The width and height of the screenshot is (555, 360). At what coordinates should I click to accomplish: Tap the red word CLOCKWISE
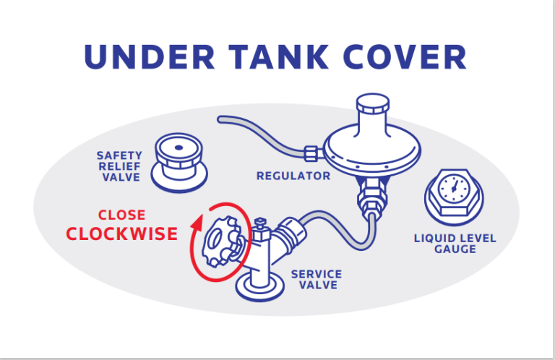click(x=121, y=233)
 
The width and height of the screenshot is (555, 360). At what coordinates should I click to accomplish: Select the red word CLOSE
click(x=121, y=215)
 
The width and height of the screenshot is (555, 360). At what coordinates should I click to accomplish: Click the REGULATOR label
click(x=293, y=176)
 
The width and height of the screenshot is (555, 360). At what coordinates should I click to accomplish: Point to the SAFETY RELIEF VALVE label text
click(x=119, y=166)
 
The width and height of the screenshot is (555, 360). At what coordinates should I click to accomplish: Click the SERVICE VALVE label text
click(x=316, y=280)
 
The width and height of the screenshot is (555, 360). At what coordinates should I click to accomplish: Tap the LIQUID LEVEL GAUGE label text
click(x=455, y=243)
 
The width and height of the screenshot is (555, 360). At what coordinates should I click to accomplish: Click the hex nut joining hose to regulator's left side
click(x=312, y=153)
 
